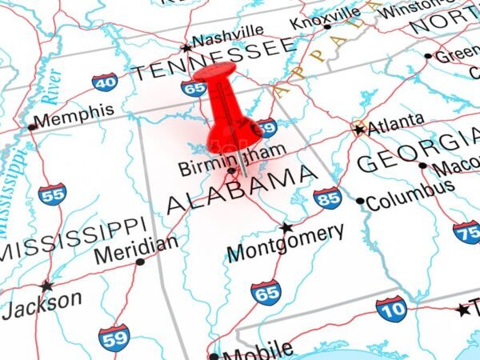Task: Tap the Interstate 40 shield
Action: [x=104, y=82]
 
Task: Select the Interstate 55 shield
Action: [x=52, y=193]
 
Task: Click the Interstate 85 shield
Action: [x=327, y=198]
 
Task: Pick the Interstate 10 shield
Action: [x=391, y=308]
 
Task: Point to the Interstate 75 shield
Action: [x=466, y=231]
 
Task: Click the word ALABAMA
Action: [x=240, y=190]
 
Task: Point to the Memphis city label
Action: [x=74, y=115]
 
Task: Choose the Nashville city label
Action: [x=227, y=36]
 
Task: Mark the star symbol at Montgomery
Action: [x=286, y=227]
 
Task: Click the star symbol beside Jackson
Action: [x=46, y=286]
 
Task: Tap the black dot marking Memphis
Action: [x=32, y=127]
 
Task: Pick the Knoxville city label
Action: [x=325, y=17]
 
